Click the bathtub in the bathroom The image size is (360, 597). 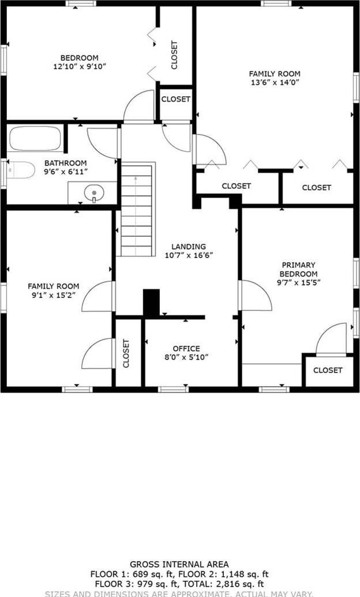point(35,140)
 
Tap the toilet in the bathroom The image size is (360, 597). point(20,170)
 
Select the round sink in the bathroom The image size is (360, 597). point(92,192)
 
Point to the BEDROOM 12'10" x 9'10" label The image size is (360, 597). point(80,62)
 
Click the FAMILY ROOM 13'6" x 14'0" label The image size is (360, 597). point(275,78)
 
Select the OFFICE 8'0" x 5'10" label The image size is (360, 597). point(186,353)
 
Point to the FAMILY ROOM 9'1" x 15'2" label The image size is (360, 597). point(54,290)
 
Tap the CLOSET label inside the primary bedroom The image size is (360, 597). point(328,370)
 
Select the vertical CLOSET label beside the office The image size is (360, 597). point(126,353)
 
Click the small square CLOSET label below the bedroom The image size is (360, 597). point(175,99)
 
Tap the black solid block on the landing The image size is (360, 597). point(151,303)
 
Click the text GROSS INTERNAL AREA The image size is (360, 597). point(179,564)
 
